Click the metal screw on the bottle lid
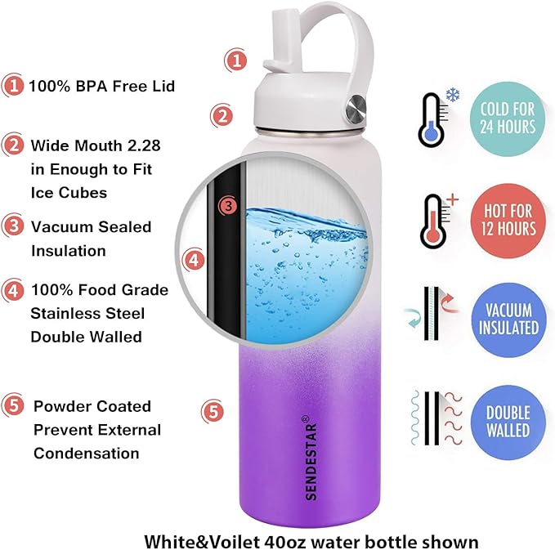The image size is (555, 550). [x=356, y=106]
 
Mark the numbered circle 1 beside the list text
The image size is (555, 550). [x=12, y=85]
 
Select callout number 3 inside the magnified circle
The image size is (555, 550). [x=229, y=205]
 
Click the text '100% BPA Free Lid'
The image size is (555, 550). [x=101, y=86]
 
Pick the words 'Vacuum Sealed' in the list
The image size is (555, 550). [x=91, y=226]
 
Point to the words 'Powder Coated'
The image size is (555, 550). [x=92, y=406]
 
